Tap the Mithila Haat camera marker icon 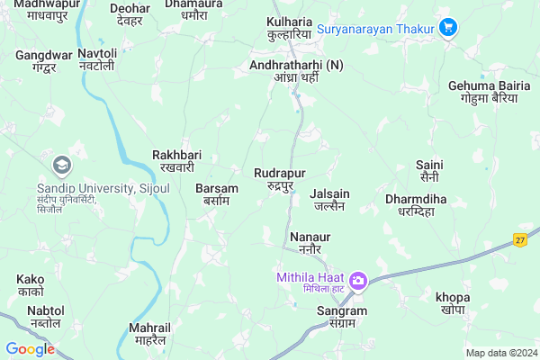click(x=358, y=281)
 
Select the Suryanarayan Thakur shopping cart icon click(x=448, y=27)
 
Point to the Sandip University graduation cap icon click(x=62, y=164)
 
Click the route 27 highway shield click(x=520, y=239)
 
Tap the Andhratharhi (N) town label click(x=297, y=70)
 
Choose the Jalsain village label click(x=329, y=199)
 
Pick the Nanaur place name click(x=310, y=242)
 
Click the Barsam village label click(x=217, y=194)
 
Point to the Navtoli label click(x=97, y=60)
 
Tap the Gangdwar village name click(x=43, y=60)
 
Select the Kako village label click(x=30, y=285)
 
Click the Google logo click(x=30, y=349)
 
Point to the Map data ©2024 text click(x=500, y=353)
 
